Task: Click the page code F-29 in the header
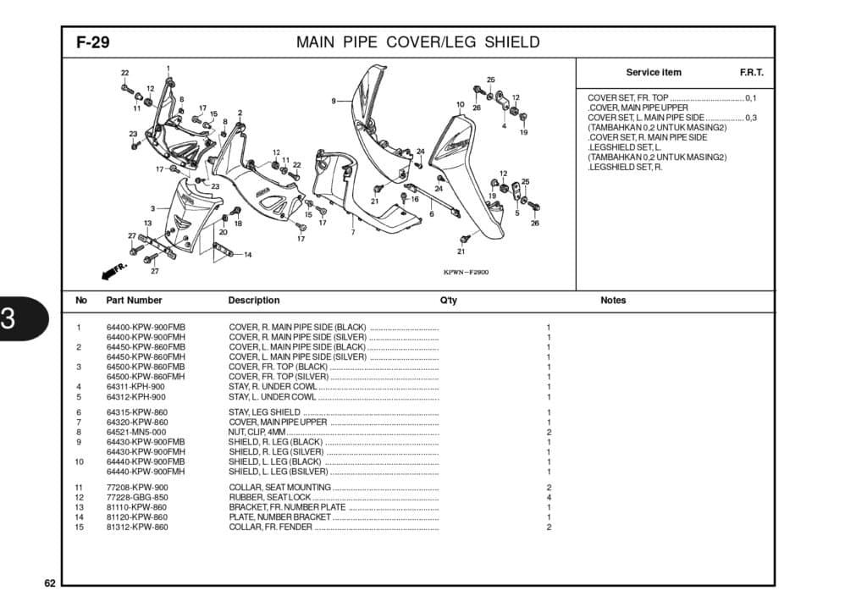[x=93, y=43]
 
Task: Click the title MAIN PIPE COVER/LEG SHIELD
[x=417, y=43]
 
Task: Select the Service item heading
[x=653, y=73]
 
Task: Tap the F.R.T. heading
[x=751, y=73]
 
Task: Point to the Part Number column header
[x=134, y=301]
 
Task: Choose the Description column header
[x=253, y=301]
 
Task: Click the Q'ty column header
[x=449, y=301]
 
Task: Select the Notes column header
[x=613, y=301]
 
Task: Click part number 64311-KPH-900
[x=135, y=387]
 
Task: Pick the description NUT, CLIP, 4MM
[x=257, y=432]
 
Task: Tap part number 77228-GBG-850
[x=137, y=497]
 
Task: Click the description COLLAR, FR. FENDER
[x=270, y=527]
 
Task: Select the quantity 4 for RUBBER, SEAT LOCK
[x=549, y=497]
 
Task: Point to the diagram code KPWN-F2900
[x=466, y=273]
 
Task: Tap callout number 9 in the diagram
[x=334, y=102]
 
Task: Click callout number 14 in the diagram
[x=247, y=254]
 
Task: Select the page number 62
[x=50, y=583]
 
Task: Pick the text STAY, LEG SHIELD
[x=264, y=412]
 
